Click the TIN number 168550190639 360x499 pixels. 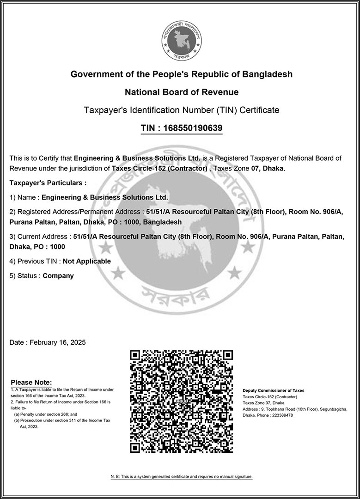[x=193, y=128]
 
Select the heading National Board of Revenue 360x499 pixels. [x=182, y=92]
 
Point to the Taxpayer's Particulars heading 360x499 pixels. [x=48, y=183]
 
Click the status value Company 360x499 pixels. [x=58, y=276]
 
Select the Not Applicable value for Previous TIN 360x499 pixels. [x=87, y=261]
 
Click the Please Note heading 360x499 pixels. [x=31, y=382]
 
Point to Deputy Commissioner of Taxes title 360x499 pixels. [x=274, y=391]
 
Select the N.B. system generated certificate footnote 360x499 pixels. [x=181, y=476]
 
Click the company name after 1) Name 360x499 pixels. [x=105, y=197]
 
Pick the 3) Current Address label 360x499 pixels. [x=40, y=237]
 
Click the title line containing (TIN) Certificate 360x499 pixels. [x=181, y=110]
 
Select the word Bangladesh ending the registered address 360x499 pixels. [x=162, y=222]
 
